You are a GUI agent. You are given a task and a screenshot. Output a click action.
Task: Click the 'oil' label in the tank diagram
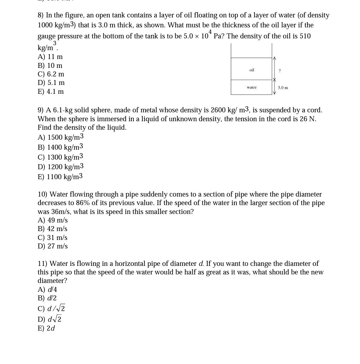[252, 70]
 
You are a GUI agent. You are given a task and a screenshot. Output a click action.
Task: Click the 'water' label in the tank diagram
[252, 87]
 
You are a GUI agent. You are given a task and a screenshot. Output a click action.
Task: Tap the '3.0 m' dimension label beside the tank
[283, 88]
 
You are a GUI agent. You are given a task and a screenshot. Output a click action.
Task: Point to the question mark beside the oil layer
[280, 71]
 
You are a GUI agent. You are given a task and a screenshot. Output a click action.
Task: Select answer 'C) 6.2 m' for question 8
[51, 74]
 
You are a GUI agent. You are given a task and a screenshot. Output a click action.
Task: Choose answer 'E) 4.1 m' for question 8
[51, 92]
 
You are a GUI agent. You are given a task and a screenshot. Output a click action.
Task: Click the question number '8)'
[41, 15]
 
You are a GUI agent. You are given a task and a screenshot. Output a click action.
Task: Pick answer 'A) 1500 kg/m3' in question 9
[60, 137]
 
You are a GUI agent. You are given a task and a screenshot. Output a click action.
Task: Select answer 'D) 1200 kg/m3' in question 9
[60, 167]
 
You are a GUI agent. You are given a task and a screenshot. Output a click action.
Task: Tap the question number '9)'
[41, 110]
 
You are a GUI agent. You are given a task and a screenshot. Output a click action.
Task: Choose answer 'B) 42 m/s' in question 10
[53, 229]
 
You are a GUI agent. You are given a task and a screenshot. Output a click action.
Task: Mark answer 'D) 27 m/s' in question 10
[53, 246]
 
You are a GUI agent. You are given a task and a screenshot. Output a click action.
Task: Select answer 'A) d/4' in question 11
[47, 290]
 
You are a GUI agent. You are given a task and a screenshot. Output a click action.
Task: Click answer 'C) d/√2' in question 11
[51, 309]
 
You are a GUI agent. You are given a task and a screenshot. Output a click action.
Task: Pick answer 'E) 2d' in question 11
[46, 328]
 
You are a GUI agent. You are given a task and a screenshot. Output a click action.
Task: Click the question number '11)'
[42, 264]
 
